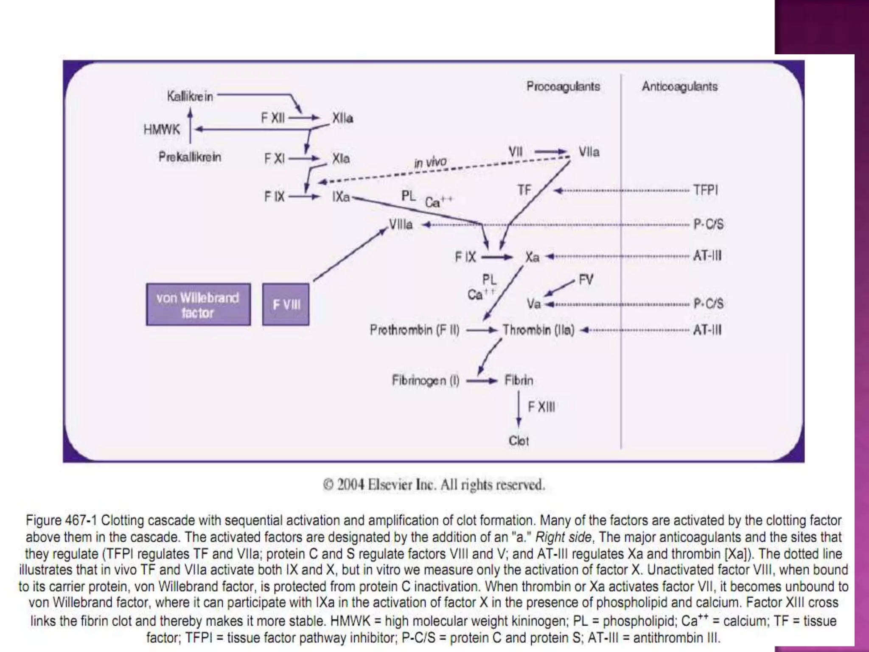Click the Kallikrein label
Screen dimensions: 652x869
190,97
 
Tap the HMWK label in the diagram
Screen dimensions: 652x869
162,129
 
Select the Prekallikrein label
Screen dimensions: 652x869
190,157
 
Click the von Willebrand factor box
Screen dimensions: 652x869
198,305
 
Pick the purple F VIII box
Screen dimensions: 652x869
286,305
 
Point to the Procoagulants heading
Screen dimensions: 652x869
563,87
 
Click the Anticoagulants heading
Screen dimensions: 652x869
679,87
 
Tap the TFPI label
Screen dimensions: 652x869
706,190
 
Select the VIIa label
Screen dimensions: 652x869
589,152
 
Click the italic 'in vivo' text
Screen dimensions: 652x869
430,162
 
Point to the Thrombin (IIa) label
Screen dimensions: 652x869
538,330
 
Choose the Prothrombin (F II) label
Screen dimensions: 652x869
415,330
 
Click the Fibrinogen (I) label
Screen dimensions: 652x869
425,380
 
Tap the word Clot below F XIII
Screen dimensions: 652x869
519,441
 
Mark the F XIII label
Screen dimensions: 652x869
541,407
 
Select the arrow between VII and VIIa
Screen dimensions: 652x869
550,152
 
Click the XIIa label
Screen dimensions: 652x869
342,118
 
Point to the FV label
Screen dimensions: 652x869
586,280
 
